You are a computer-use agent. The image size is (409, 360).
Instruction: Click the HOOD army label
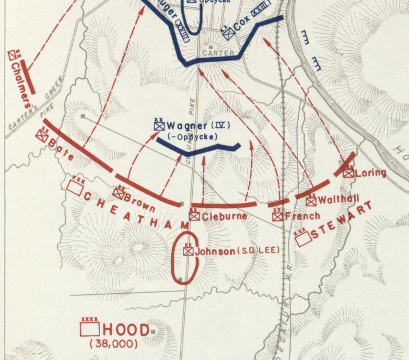coord(126,330)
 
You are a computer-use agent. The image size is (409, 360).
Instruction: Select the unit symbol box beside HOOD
coord(90,329)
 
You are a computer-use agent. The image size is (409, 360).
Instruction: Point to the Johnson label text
coord(215,251)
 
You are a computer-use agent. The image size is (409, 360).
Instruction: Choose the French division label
coord(296,217)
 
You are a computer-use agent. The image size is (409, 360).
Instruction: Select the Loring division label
coord(371,173)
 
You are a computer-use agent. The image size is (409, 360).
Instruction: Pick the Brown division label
coord(140,201)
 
